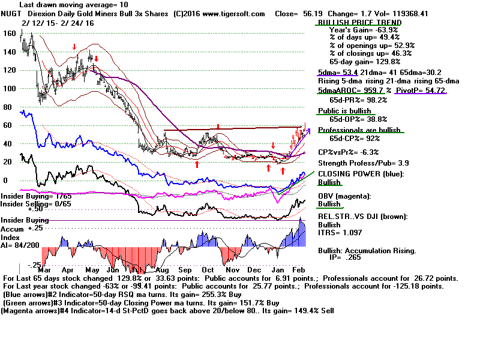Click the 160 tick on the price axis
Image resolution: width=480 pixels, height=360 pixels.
[x=8, y=34]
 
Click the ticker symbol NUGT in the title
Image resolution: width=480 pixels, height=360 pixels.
[x=11, y=13]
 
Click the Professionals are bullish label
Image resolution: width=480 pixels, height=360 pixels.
[x=359, y=130]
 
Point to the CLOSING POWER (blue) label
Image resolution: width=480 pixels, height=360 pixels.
[x=361, y=174]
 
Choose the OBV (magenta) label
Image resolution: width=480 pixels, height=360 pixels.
[x=345, y=196]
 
